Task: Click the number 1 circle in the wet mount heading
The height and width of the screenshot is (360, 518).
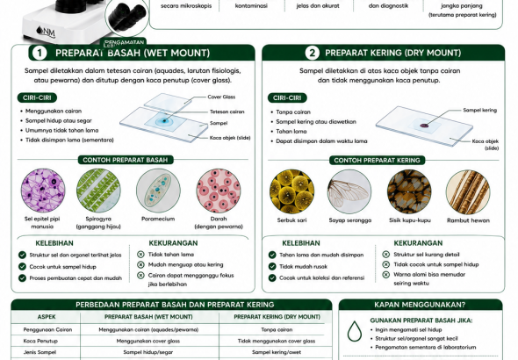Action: (40, 54)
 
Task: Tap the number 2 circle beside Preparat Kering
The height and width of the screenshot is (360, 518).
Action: (312, 53)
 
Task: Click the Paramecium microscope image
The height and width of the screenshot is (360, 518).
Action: (158, 191)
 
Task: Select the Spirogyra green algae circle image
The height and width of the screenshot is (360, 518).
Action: (98, 191)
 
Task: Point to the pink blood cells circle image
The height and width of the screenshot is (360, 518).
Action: (219, 191)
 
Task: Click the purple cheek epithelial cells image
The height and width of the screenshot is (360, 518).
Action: (43, 191)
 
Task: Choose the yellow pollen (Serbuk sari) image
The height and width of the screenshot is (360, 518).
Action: (291, 191)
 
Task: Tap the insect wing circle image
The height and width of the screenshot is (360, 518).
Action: (349, 191)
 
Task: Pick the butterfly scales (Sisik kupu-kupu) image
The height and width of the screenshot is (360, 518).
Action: (409, 191)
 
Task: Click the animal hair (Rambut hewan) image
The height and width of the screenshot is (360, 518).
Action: (468, 192)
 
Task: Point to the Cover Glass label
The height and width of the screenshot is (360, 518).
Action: (221, 97)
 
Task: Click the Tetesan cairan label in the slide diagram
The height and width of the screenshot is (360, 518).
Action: (227, 112)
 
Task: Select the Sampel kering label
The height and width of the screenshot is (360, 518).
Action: (479, 110)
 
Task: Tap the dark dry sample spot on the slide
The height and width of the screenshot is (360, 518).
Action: (424, 126)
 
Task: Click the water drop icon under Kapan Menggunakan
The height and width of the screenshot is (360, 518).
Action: (354, 331)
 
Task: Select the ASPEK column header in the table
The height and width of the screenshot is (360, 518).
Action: (47, 317)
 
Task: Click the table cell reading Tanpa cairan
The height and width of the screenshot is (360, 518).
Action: (277, 329)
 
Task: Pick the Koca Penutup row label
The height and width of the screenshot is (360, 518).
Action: (40, 341)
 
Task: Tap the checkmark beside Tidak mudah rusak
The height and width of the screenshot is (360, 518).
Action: (272, 267)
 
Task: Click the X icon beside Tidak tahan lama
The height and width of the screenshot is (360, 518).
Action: (140, 255)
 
